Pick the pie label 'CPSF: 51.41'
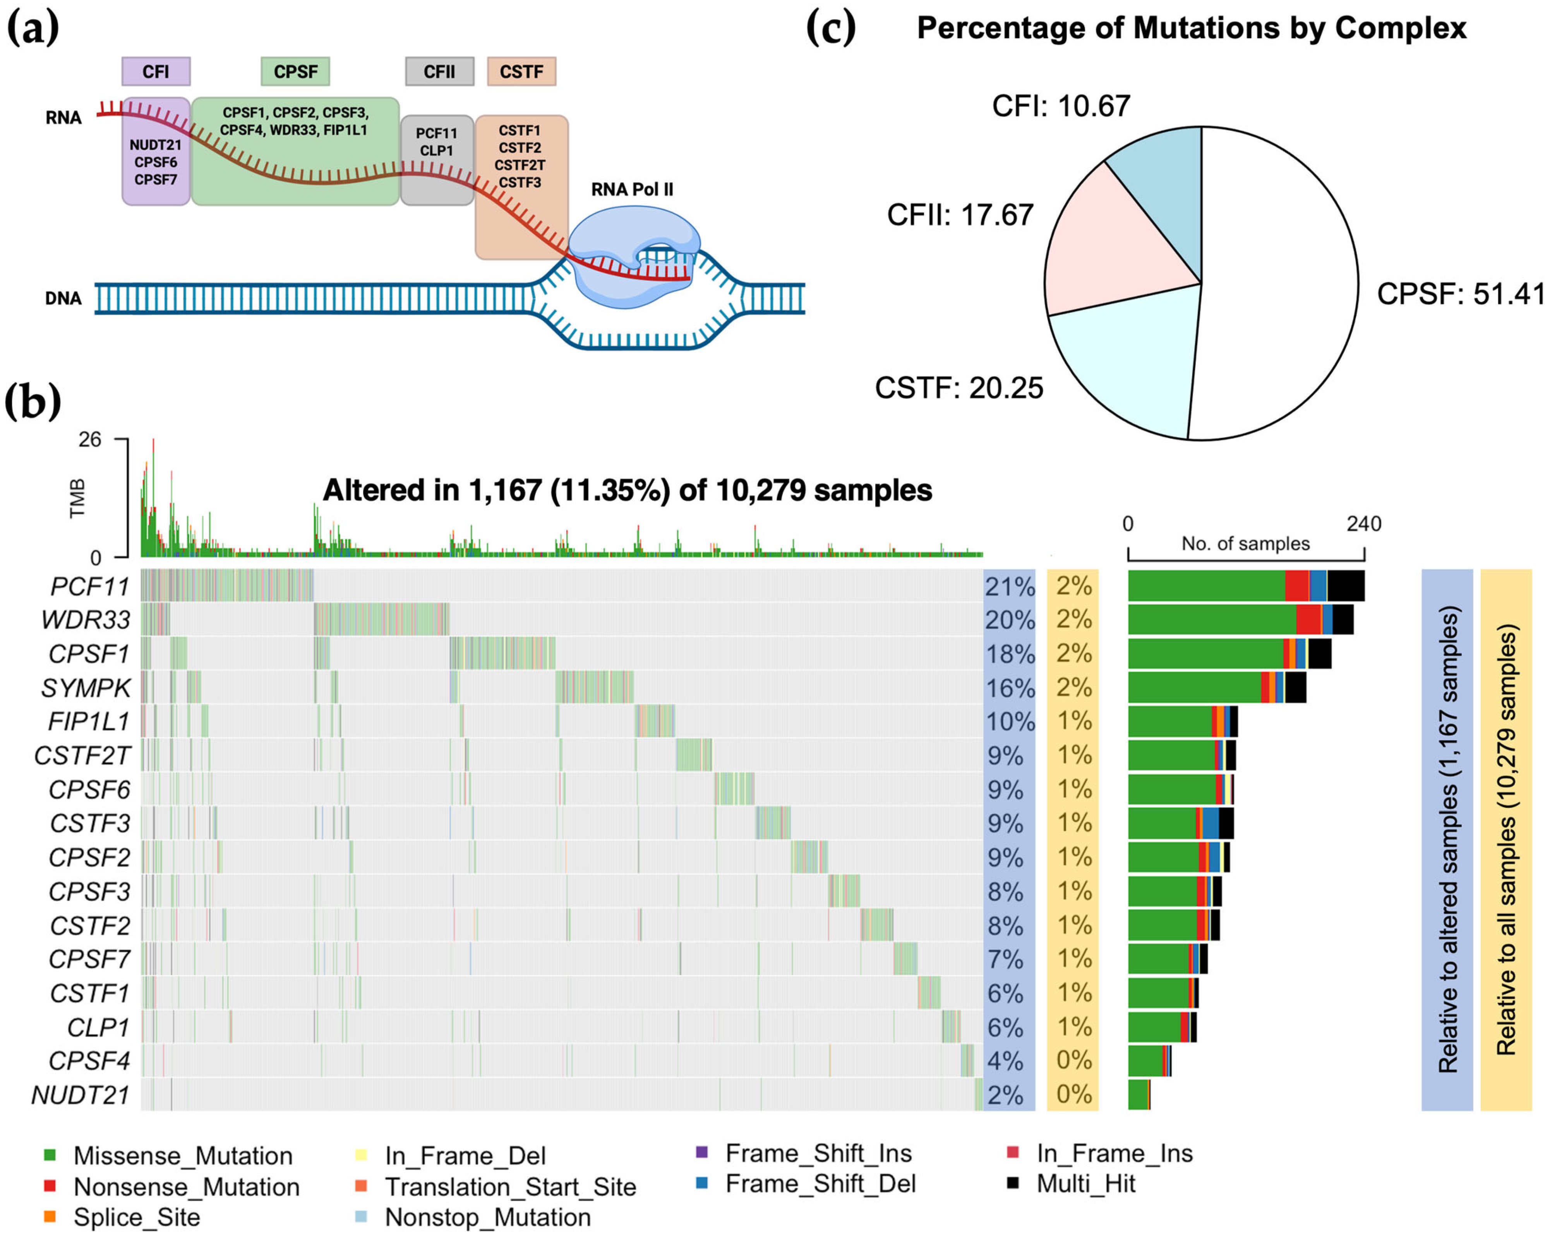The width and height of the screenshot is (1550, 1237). (1459, 294)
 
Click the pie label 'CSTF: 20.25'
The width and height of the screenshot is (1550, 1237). (958, 388)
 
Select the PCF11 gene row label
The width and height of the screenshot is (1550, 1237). (90, 587)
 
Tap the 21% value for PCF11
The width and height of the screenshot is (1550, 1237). (1009, 587)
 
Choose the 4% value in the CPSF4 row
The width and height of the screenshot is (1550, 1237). (1005, 1061)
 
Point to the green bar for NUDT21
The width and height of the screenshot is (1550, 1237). (1137, 1095)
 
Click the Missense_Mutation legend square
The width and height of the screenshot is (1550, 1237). (50, 1156)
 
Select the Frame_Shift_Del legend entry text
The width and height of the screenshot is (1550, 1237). (820, 1184)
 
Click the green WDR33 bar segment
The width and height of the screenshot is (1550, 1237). (1211, 619)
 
